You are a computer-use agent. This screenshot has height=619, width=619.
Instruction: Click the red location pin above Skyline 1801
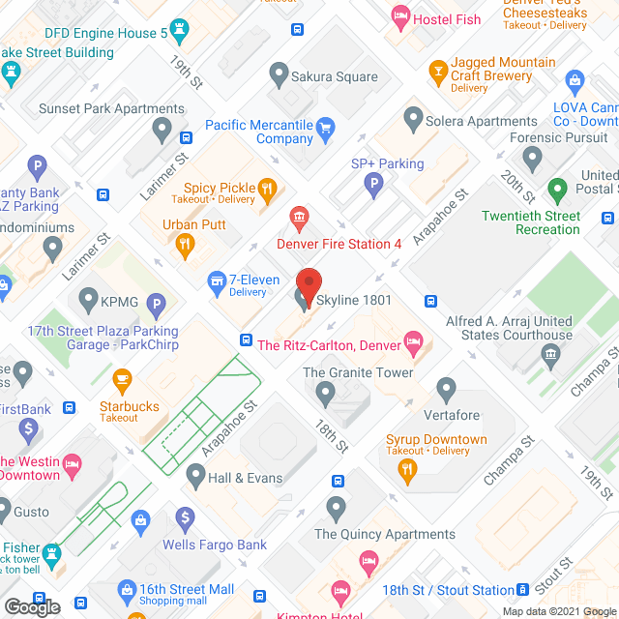309,286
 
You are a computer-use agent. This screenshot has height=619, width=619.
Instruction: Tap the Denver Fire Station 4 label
339,244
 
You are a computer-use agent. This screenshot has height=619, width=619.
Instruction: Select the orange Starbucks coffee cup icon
122,378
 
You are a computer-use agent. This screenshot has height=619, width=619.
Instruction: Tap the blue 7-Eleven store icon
218,281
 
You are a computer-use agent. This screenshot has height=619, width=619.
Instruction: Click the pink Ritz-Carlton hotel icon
413,339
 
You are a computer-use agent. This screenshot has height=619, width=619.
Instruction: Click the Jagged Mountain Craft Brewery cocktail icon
437,70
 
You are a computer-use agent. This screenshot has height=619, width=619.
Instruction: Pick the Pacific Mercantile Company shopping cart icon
326,126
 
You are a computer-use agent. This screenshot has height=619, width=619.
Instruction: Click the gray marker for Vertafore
446,390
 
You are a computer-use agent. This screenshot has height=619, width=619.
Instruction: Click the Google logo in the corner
31,606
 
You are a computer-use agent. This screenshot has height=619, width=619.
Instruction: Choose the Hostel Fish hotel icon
399,15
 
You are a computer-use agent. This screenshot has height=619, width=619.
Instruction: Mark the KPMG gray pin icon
88,300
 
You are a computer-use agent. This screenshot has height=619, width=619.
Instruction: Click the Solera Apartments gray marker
413,121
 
